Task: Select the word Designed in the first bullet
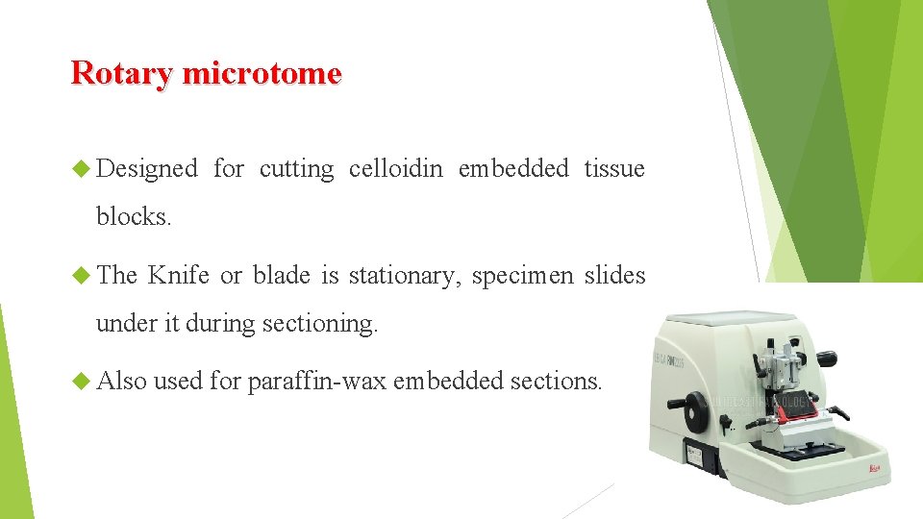click(x=147, y=169)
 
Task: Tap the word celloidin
click(x=396, y=169)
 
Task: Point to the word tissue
click(x=614, y=169)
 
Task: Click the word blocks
click(x=134, y=217)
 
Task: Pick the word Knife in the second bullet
click(x=179, y=276)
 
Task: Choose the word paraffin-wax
click(x=316, y=382)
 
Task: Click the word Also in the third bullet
click(x=121, y=382)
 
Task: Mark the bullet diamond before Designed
click(x=82, y=170)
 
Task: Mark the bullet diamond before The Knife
click(x=82, y=277)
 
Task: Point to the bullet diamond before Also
click(x=82, y=383)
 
